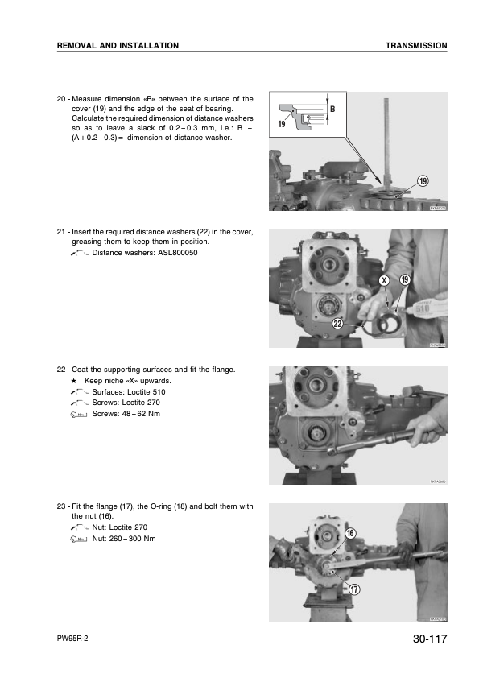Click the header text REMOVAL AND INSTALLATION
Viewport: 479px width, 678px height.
point(118,46)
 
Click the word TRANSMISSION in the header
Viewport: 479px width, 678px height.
point(416,46)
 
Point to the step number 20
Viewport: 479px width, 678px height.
point(61,99)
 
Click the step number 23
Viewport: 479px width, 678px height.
point(61,506)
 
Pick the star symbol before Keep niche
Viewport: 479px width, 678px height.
point(75,380)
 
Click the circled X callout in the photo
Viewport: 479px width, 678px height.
point(385,280)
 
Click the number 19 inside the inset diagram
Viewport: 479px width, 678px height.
point(283,125)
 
